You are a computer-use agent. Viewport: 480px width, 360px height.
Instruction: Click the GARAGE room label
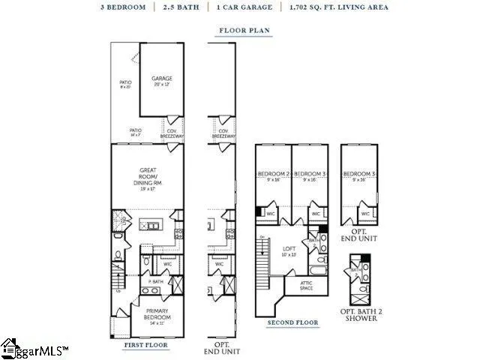pyautogui.click(x=162, y=78)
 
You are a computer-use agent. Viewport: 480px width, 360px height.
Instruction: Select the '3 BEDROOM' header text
pyautogui.click(x=123, y=7)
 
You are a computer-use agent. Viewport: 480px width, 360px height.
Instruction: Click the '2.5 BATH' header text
pyautogui.click(x=184, y=7)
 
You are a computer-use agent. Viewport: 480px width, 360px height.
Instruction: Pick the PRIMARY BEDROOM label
pyautogui.click(x=157, y=313)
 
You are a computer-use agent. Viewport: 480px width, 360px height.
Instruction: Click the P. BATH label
pyautogui.click(x=155, y=280)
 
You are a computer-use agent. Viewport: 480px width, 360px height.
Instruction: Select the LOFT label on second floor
pyautogui.click(x=289, y=250)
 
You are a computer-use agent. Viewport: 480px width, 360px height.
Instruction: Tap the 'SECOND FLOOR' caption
pyautogui.click(x=292, y=322)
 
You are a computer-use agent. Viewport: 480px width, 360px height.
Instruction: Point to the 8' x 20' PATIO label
pyautogui.click(x=125, y=84)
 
